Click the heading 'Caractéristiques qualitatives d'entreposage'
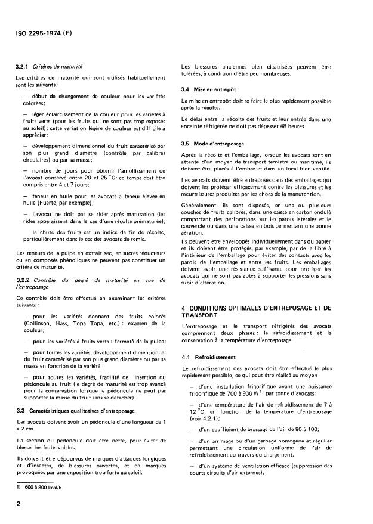click(x=85, y=411)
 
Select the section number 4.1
click(x=187, y=357)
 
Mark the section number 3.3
click(x=21, y=411)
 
